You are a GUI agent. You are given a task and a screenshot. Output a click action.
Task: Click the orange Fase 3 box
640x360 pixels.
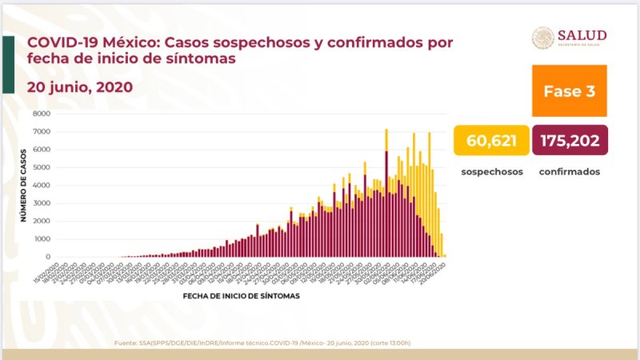coord(569,91)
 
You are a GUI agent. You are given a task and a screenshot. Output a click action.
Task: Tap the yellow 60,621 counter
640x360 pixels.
coord(490,142)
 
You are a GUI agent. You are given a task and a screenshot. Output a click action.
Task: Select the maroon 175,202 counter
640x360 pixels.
coord(569,142)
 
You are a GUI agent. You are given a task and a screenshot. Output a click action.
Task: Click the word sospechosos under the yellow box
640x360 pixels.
coord(490,172)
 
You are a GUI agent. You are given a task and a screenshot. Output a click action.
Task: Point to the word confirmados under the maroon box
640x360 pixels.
coord(569,172)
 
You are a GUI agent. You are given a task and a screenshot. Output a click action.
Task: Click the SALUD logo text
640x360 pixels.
coord(582,35)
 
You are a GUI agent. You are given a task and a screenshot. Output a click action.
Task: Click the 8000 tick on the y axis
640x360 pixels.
coord(42,114)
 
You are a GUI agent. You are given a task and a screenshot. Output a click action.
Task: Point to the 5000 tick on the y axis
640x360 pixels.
coord(42,167)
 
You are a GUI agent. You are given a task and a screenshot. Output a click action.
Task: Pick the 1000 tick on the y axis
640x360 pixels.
coord(42,239)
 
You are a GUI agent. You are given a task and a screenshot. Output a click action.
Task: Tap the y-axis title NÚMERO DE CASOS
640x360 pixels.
coord(22,186)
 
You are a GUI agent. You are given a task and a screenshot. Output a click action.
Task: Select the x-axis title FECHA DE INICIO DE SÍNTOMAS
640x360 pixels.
coord(241,296)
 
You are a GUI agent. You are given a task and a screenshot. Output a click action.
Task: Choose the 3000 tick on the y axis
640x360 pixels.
coord(42,203)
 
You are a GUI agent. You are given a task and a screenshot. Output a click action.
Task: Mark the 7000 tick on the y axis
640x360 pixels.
coord(42,131)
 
